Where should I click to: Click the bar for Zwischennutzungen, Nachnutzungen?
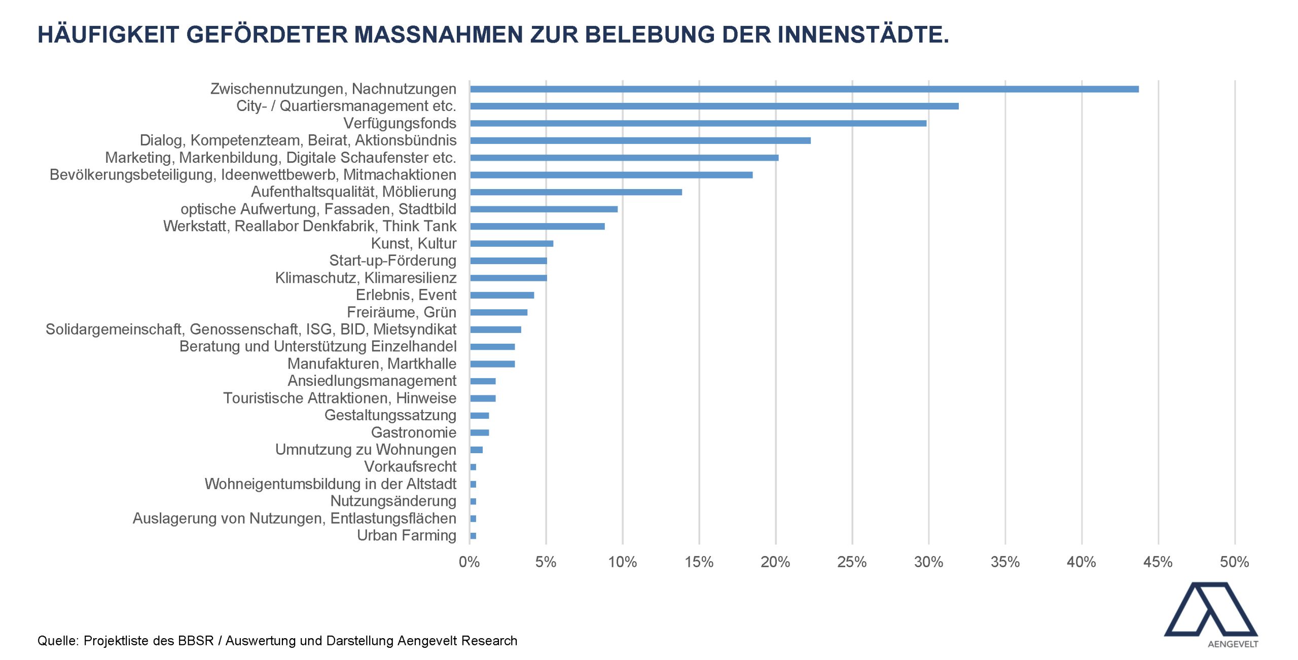pos(804,89)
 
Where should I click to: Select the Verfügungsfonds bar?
pos(698,123)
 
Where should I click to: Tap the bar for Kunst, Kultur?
pos(512,243)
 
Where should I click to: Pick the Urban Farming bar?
pos(473,536)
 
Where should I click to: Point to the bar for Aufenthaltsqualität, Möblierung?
pos(576,192)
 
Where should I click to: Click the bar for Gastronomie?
pos(480,432)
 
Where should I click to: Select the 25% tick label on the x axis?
pos(852,562)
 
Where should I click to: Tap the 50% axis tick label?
pos(1235,562)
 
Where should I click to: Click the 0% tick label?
pos(470,562)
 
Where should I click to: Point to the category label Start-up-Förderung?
pos(393,261)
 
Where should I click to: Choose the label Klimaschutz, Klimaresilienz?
pos(366,278)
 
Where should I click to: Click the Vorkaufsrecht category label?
pos(410,466)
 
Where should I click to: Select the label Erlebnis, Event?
pos(406,295)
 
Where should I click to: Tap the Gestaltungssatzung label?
pos(390,415)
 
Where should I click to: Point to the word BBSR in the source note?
pos(196,641)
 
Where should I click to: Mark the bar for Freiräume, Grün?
pos(499,312)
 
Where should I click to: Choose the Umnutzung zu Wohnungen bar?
pos(477,450)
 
